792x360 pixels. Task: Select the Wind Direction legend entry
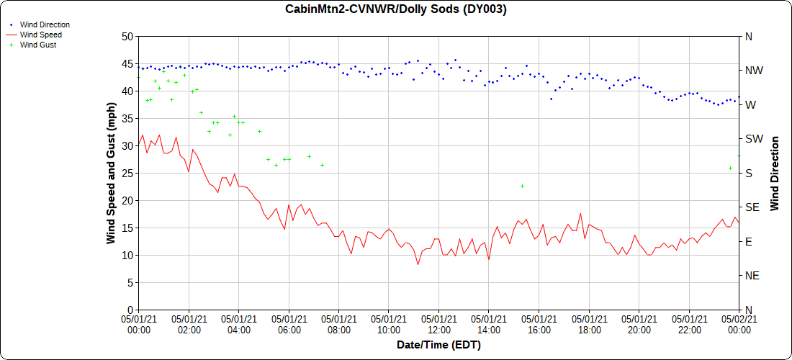click(45, 24)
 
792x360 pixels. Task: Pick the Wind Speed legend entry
click(40, 35)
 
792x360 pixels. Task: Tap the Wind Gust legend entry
click(38, 45)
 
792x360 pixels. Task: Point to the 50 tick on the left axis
click(127, 36)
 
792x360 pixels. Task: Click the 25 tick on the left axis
click(127, 173)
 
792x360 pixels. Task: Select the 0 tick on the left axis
click(130, 310)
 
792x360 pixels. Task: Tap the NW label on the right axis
click(753, 71)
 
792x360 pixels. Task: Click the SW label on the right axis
click(753, 139)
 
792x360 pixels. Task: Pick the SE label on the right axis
click(752, 207)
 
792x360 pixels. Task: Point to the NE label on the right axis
click(752, 276)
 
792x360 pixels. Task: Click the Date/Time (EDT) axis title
click(438, 345)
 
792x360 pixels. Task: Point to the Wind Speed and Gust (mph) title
click(111, 173)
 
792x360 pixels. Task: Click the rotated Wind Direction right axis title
click(775, 173)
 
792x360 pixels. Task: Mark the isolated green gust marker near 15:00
click(522, 186)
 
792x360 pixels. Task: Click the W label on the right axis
click(750, 104)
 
